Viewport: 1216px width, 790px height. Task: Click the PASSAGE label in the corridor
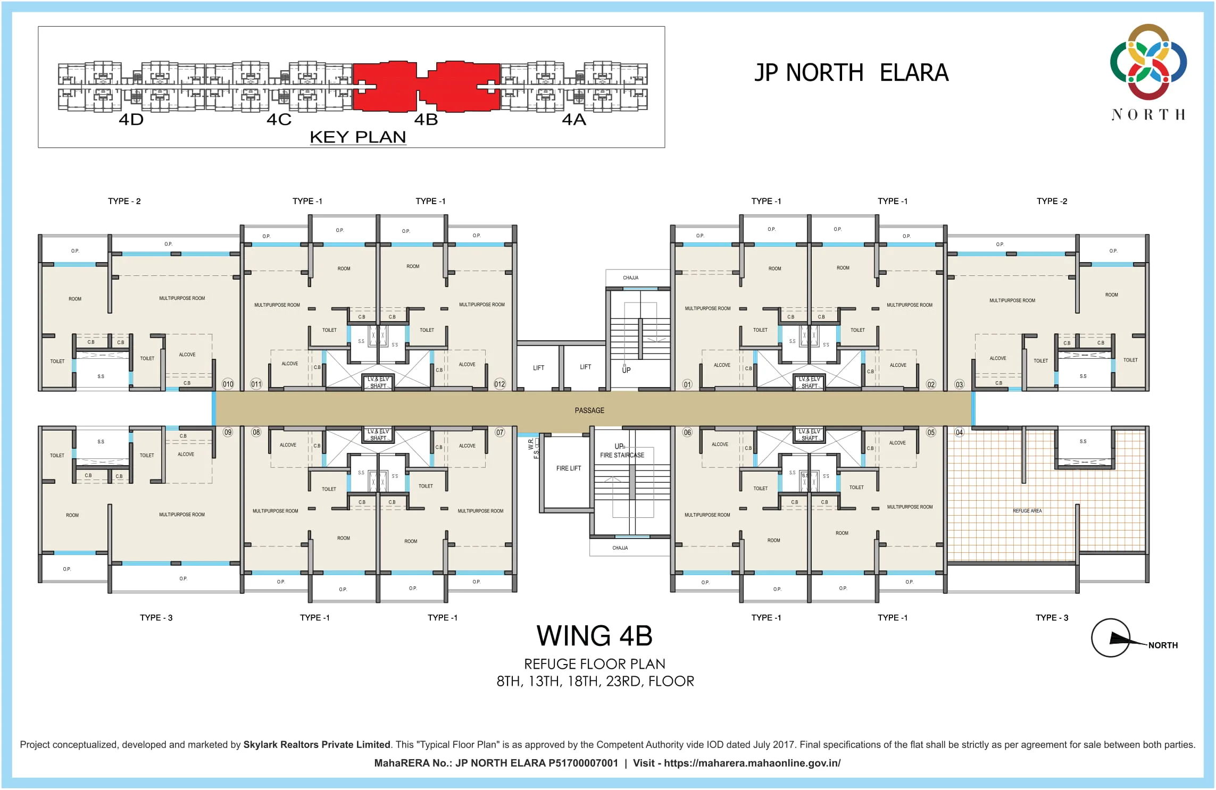pyautogui.click(x=589, y=410)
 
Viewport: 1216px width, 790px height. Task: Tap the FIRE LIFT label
pyautogui.click(x=569, y=468)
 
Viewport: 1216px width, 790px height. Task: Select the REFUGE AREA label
pyautogui.click(x=1027, y=511)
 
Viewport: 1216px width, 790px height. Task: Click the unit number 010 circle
pyautogui.click(x=228, y=384)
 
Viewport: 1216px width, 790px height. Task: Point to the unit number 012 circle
pyautogui.click(x=499, y=384)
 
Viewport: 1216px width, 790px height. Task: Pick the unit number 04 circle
pyautogui.click(x=959, y=432)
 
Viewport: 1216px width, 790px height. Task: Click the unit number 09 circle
pyautogui.click(x=228, y=432)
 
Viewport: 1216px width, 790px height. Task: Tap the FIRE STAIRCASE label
pyautogui.click(x=622, y=455)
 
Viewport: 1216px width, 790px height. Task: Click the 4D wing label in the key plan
pyautogui.click(x=131, y=120)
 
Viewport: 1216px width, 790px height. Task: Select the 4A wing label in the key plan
pyautogui.click(x=574, y=120)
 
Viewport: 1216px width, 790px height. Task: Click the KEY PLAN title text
pyautogui.click(x=358, y=137)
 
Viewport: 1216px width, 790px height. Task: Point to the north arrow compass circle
pyautogui.click(x=1110, y=638)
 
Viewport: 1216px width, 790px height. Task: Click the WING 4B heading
pyautogui.click(x=594, y=636)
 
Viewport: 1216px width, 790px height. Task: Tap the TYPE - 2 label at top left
pyautogui.click(x=124, y=201)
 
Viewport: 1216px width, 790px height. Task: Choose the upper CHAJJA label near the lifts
pyautogui.click(x=630, y=278)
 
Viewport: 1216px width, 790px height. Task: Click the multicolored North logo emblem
pyautogui.click(x=1148, y=62)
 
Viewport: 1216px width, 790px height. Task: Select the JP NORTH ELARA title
pyautogui.click(x=851, y=73)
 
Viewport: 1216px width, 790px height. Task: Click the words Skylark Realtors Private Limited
pyautogui.click(x=317, y=745)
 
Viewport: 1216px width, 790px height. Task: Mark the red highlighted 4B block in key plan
pyautogui.click(x=426, y=86)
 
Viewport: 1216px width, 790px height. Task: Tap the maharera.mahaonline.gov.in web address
pyautogui.click(x=752, y=763)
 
